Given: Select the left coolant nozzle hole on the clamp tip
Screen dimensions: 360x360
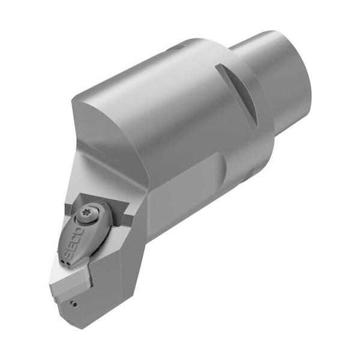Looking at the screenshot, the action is point(62,262).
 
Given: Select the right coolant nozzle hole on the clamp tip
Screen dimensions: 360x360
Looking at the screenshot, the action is point(67,263).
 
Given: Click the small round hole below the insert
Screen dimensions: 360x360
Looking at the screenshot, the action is point(74,305).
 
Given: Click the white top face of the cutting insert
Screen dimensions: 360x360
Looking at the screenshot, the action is point(69,274).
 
